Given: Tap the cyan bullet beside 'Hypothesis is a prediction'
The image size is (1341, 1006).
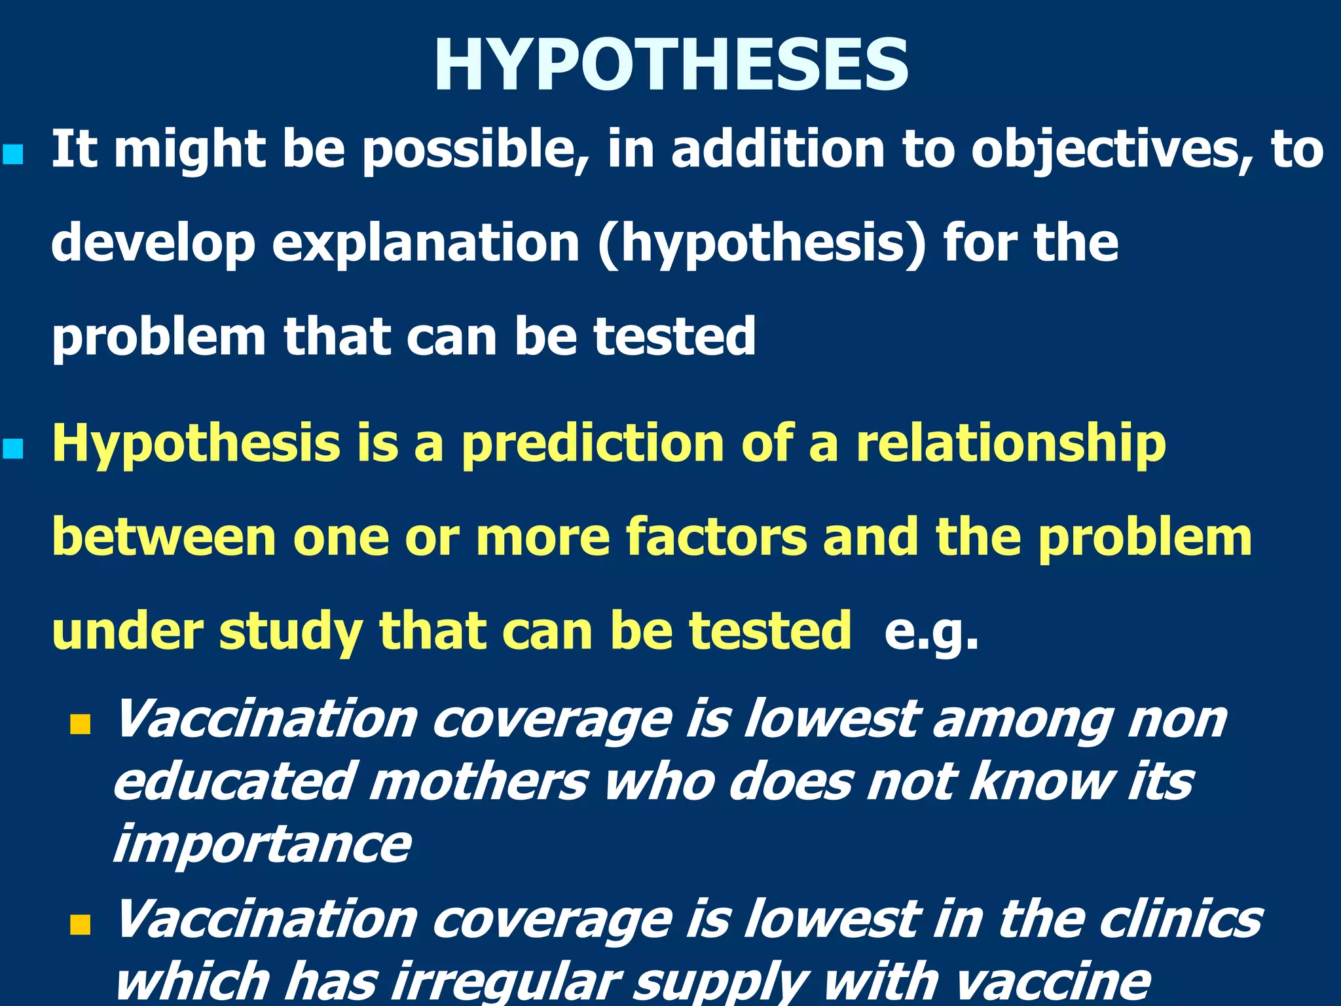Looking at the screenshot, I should (x=13, y=450).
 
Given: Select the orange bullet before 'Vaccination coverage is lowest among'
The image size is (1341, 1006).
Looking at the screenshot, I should (x=80, y=724).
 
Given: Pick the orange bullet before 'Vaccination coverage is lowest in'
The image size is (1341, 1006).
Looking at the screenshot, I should (x=80, y=925).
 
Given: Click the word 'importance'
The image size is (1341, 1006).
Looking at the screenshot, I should (x=262, y=845).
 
